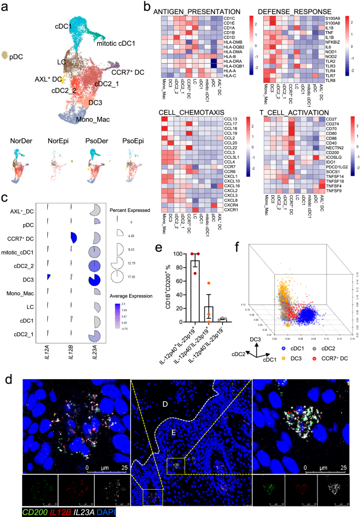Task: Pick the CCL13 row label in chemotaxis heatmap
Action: (230, 120)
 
